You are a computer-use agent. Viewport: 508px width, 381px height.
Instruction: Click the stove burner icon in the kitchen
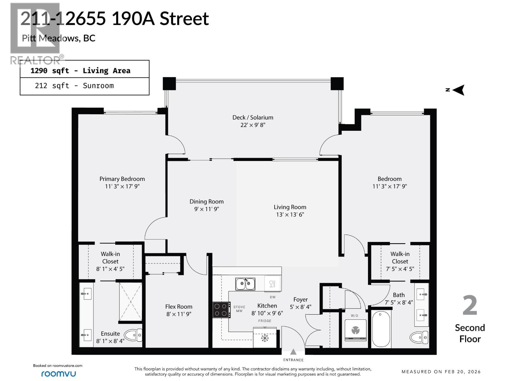tap(221, 310)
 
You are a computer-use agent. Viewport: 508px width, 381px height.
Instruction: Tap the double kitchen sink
tap(245, 284)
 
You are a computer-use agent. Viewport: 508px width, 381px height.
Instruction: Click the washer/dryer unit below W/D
tap(355, 331)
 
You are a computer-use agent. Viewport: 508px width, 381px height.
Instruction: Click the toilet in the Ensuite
tap(133, 335)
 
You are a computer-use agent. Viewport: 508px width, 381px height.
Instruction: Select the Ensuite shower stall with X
tap(130, 302)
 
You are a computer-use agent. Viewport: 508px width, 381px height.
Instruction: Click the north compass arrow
tap(458, 90)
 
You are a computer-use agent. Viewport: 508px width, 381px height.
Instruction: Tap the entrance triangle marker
tap(293, 352)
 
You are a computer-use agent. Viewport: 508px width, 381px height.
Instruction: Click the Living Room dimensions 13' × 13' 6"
tap(290, 215)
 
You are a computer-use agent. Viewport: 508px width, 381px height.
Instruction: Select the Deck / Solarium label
tap(253, 117)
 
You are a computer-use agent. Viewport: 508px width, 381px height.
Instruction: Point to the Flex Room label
tap(179, 307)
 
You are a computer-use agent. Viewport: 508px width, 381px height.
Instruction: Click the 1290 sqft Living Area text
tap(80, 70)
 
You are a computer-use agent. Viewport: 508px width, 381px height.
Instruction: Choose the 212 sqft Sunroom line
tap(74, 86)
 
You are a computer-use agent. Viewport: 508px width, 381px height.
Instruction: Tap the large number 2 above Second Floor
tap(470, 305)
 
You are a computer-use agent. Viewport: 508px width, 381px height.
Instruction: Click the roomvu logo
tap(58, 374)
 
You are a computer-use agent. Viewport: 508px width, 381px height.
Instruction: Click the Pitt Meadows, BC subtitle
tap(58, 38)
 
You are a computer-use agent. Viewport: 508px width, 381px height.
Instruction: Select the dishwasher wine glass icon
tap(272, 284)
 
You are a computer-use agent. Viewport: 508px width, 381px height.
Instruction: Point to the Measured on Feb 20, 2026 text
tap(441, 371)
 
